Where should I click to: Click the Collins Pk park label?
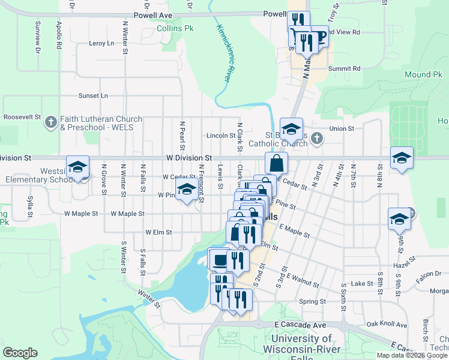(175, 28)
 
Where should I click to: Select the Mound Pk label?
(424, 74)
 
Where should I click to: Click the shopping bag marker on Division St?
(276, 163)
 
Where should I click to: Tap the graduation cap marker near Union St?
(291, 129)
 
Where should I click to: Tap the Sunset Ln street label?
(93, 95)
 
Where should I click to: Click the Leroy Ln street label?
(101, 43)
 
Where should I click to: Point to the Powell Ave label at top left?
(153, 15)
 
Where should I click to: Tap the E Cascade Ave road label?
(295, 324)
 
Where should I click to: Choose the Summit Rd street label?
(348, 68)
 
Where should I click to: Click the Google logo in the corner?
(20, 353)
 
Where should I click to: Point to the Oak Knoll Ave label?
(387, 324)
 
